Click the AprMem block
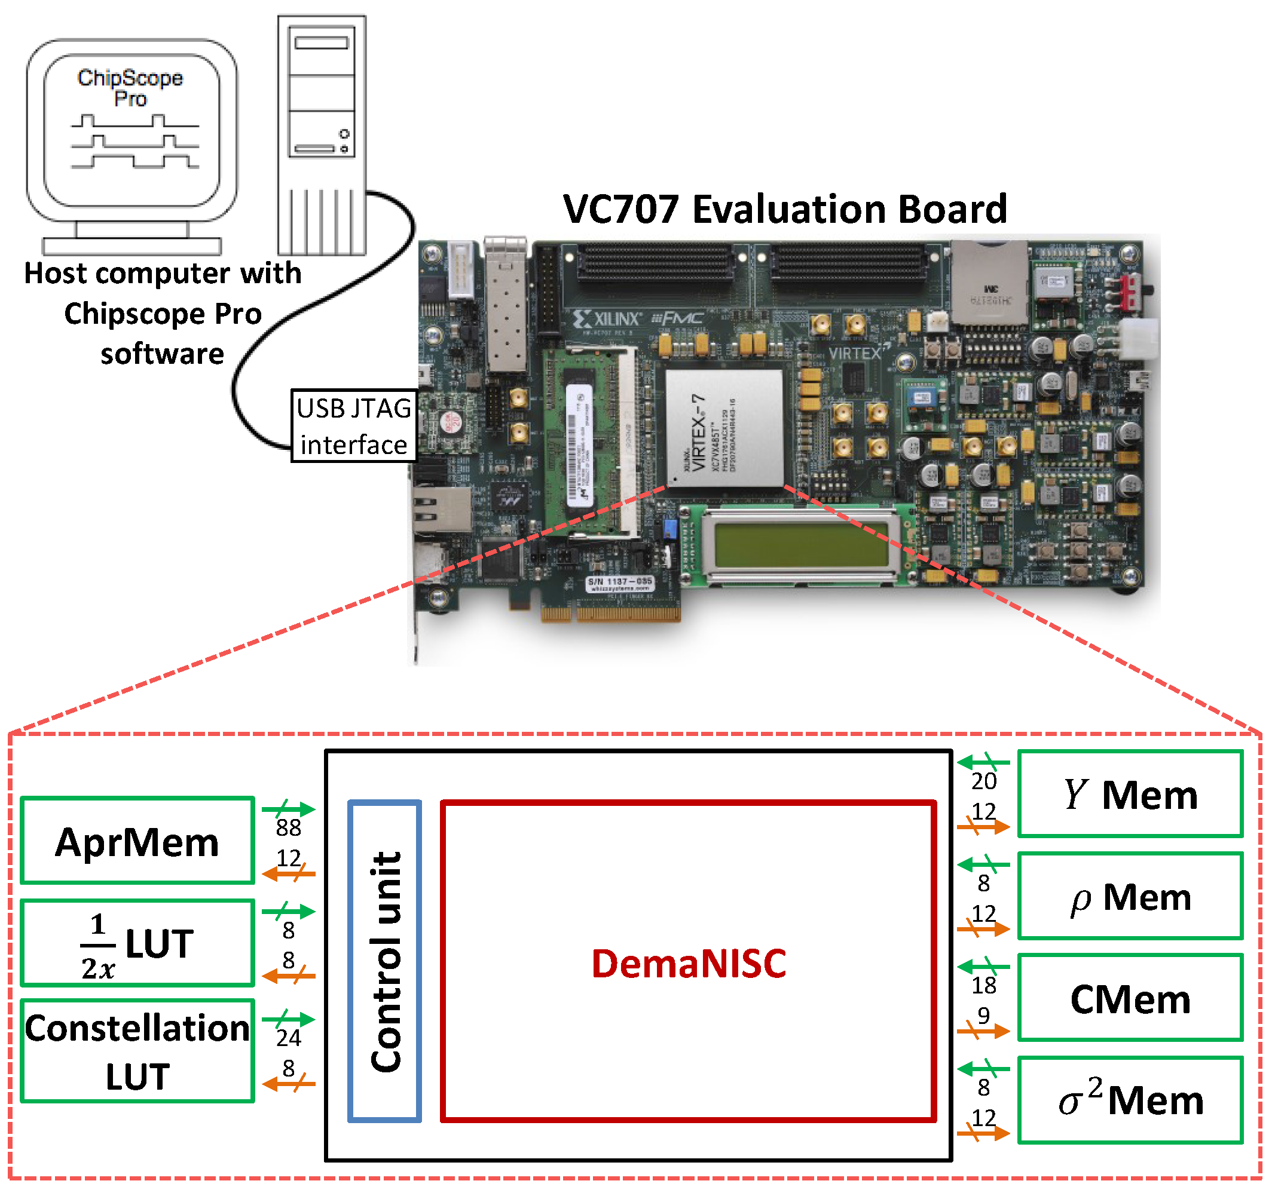tap(137, 842)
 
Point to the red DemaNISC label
tap(689, 964)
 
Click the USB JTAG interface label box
tap(354, 426)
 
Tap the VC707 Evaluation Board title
tap(784, 209)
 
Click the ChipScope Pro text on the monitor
tap(130, 88)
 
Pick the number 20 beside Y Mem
tap(984, 782)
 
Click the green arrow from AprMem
tap(289, 809)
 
